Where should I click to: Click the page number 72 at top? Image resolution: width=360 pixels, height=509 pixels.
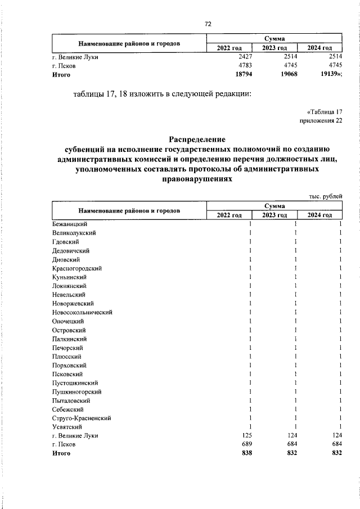coord(208,24)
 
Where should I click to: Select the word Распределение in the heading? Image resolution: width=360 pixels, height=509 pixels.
coord(197,139)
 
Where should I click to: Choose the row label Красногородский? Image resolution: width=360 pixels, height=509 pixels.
coord(76,268)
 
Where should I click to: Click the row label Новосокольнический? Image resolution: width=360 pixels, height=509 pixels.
coord(82,312)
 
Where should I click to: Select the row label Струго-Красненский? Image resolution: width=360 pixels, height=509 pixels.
coord(81,418)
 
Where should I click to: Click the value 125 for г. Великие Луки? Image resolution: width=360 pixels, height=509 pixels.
coord(246,435)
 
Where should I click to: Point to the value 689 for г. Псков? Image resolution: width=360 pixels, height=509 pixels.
coord(246,444)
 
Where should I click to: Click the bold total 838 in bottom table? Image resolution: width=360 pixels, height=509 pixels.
coord(246,453)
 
